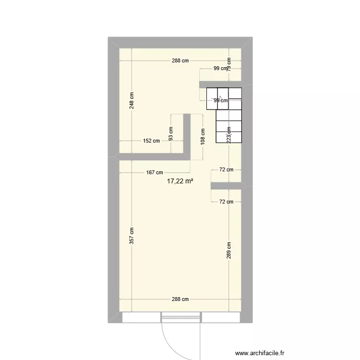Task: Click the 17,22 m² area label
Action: pos(180,181)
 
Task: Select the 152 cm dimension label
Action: pos(151,141)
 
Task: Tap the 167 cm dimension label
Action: pos(155,173)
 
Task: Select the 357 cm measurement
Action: pos(132,236)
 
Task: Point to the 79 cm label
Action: pos(229,64)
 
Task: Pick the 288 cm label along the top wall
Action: pos(180,61)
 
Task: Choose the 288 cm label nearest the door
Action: pos(180,299)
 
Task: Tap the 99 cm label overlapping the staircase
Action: pos(220,101)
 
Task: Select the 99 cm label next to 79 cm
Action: pos(220,69)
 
